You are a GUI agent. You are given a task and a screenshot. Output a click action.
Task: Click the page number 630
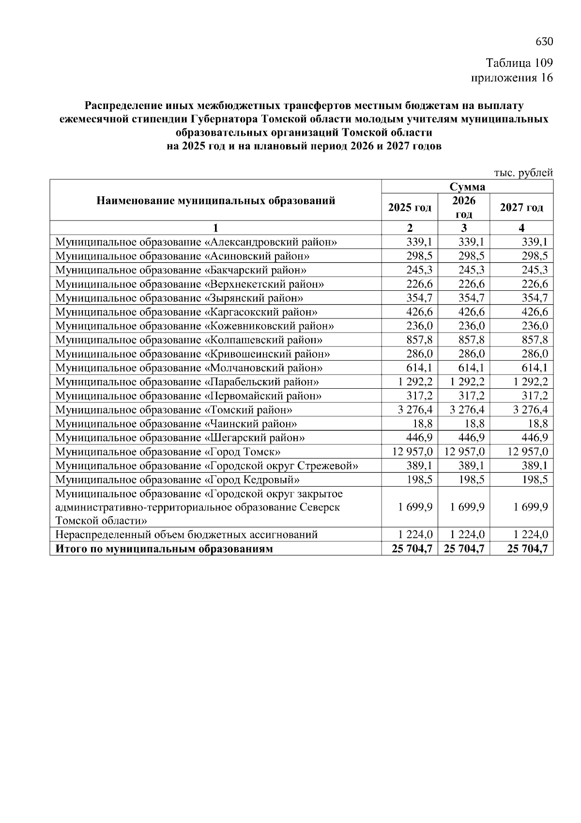coord(544,42)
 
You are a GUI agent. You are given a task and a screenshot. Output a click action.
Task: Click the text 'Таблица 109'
coord(519,63)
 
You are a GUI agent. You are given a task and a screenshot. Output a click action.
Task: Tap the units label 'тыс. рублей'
coord(523,173)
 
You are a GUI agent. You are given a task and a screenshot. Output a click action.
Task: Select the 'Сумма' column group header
coord(467,187)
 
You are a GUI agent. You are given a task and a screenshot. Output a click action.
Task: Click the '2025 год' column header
coord(410,207)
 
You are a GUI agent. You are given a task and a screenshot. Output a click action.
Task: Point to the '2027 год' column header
coord(521,207)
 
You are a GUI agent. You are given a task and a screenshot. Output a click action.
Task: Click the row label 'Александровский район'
coord(196,242)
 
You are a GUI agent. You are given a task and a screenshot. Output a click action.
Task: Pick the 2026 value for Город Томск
coord(464,452)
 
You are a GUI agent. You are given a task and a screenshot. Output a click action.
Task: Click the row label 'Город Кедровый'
coord(177,480)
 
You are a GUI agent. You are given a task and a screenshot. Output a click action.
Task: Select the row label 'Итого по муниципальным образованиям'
coord(164,549)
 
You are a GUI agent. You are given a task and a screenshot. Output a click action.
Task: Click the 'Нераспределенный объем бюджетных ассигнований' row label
coord(186,535)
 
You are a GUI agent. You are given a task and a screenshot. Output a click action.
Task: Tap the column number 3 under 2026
coord(464,228)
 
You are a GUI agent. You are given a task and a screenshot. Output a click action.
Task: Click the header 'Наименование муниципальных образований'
coord(216,201)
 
